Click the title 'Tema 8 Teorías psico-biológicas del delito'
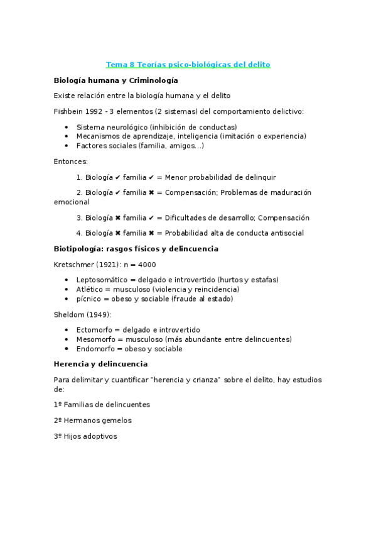(x=188, y=65)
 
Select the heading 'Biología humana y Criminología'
(x=116, y=80)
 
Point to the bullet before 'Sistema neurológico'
(x=67, y=127)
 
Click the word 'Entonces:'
(x=71, y=162)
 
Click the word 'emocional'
(x=72, y=202)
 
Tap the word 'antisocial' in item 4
(x=285, y=233)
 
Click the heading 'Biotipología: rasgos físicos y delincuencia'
(x=136, y=249)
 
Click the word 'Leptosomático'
(x=101, y=280)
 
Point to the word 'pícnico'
(x=89, y=299)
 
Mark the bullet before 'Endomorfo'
(x=67, y=349)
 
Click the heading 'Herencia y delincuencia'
(x=101, y=364)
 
